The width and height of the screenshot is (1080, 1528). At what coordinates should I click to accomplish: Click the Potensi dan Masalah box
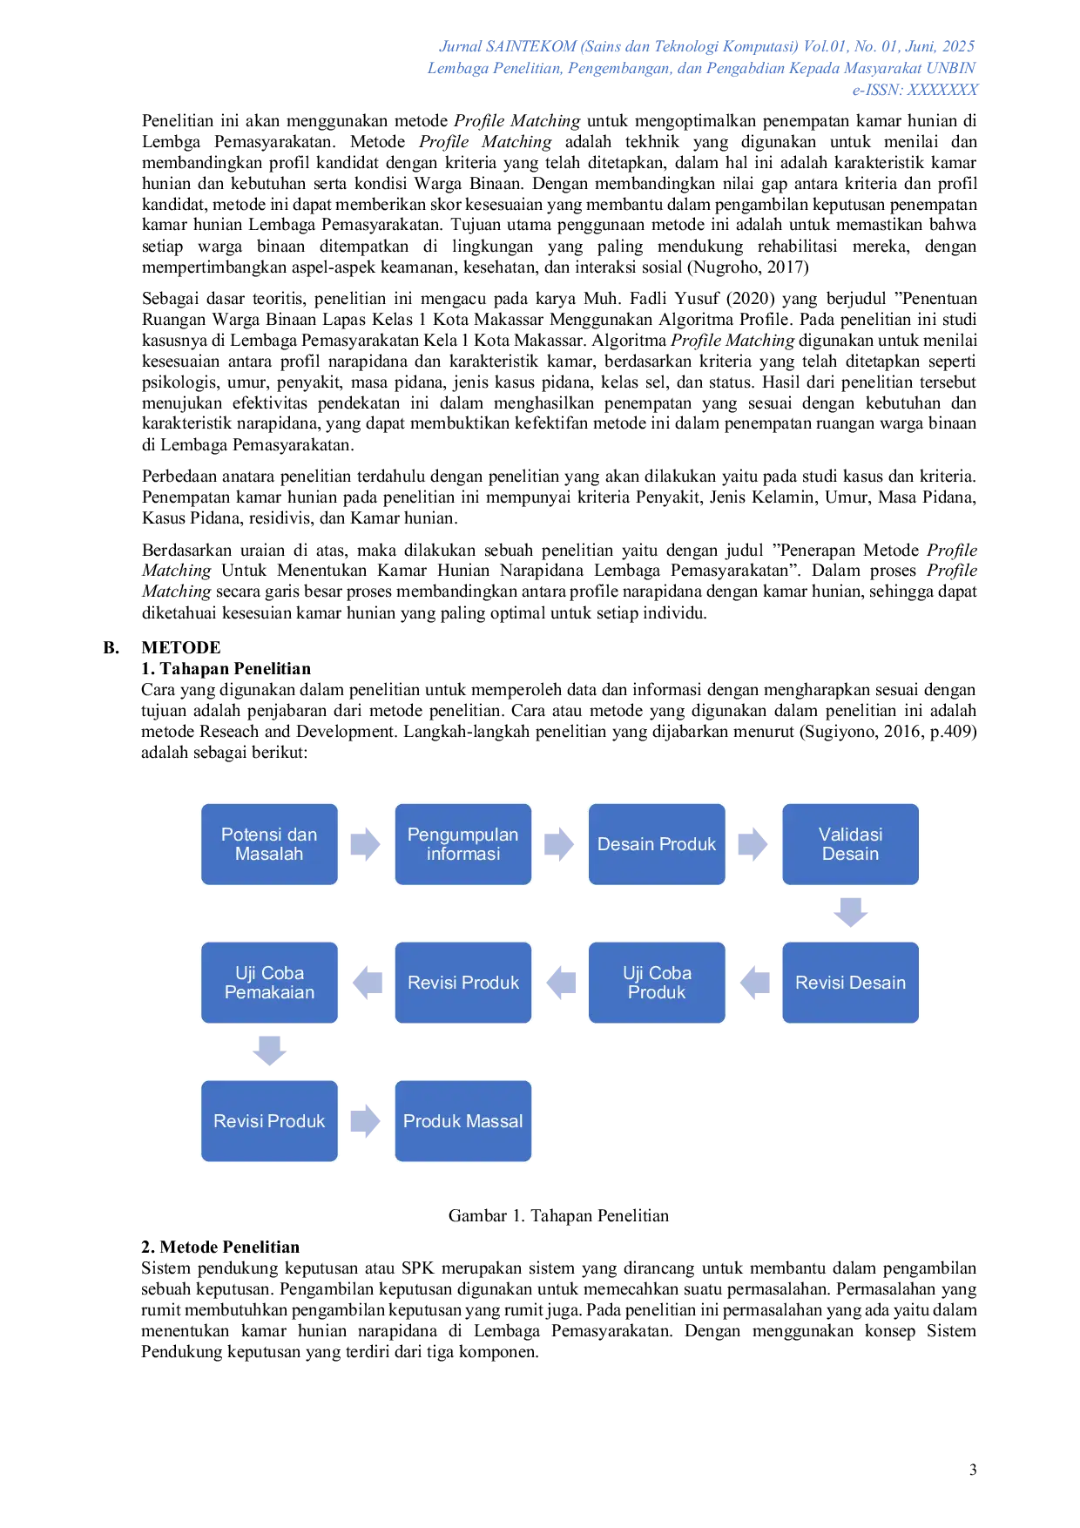pyautogui.click(x=269, y=844)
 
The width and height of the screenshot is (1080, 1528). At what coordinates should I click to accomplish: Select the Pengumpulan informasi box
pyautogui.click(x=462, y=844)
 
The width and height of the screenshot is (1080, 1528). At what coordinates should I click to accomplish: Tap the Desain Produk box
pyautogui.click(x=657, y=844)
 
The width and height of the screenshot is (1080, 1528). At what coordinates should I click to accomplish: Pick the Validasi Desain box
pyautogui.click(x=850, y=844)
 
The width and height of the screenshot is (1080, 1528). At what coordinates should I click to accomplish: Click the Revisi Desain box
pyautogui.click(x=850, y=983)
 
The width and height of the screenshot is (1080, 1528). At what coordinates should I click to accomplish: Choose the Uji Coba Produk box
pyautogui.click(x=657, y=983)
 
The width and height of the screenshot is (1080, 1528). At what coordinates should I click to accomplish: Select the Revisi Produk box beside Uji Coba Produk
pyautogui.click(x=462, y=983)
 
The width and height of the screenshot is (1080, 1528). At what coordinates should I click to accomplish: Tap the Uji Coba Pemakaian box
pyautogui.click(x=269, y=983)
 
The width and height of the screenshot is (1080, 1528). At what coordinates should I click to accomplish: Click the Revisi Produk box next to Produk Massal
pyautogui.click(x=269, y=1121)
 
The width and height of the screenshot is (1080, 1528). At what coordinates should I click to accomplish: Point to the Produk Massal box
pyautogui.click(x=462, y=1121)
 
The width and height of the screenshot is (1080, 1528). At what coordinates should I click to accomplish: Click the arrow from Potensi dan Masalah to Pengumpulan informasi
pyautogui.click(x=366, y=843)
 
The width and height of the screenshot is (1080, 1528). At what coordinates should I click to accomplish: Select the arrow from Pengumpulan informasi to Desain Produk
pyautogui.click(x=560, y=843)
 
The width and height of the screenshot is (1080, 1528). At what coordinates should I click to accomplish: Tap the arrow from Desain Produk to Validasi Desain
pyautogui.click(x=754, y=843)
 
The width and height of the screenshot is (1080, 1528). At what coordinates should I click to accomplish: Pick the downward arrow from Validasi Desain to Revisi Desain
pyautogui.click(x=850, y=912)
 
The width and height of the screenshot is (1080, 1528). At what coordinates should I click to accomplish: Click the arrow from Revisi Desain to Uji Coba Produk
pyautogui.click(x=754, y=983)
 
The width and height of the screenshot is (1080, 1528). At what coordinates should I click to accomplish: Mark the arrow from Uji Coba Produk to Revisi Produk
pyautogui.click(x=560, y=983)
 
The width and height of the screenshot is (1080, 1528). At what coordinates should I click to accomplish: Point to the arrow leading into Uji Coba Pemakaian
pyautogui.click(x=366, y=983)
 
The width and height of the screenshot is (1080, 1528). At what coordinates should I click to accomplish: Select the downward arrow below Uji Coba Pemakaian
pyautogui.click(x=269, y=1049)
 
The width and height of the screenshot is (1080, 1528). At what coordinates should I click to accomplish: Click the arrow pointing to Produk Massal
pyautogui.click(x=366, y=1121)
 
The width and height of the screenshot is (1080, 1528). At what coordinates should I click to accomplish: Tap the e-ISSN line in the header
pyautogui.click(x=915, y=90)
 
